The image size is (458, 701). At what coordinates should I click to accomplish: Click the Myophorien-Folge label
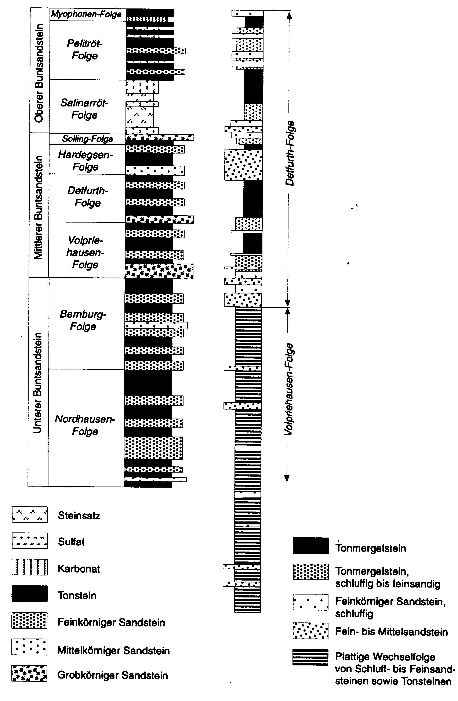[86, 14]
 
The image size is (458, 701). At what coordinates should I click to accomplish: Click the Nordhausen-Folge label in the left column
[85, 425]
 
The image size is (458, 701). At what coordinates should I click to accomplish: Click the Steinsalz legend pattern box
[29, 514]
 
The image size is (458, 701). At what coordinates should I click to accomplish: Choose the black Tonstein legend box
[29, 594]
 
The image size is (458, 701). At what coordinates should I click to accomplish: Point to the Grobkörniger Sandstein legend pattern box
[29, 673]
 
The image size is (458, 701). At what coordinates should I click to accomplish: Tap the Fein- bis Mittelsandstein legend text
[391, 632]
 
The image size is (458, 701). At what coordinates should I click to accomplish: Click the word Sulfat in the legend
[71, 542]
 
